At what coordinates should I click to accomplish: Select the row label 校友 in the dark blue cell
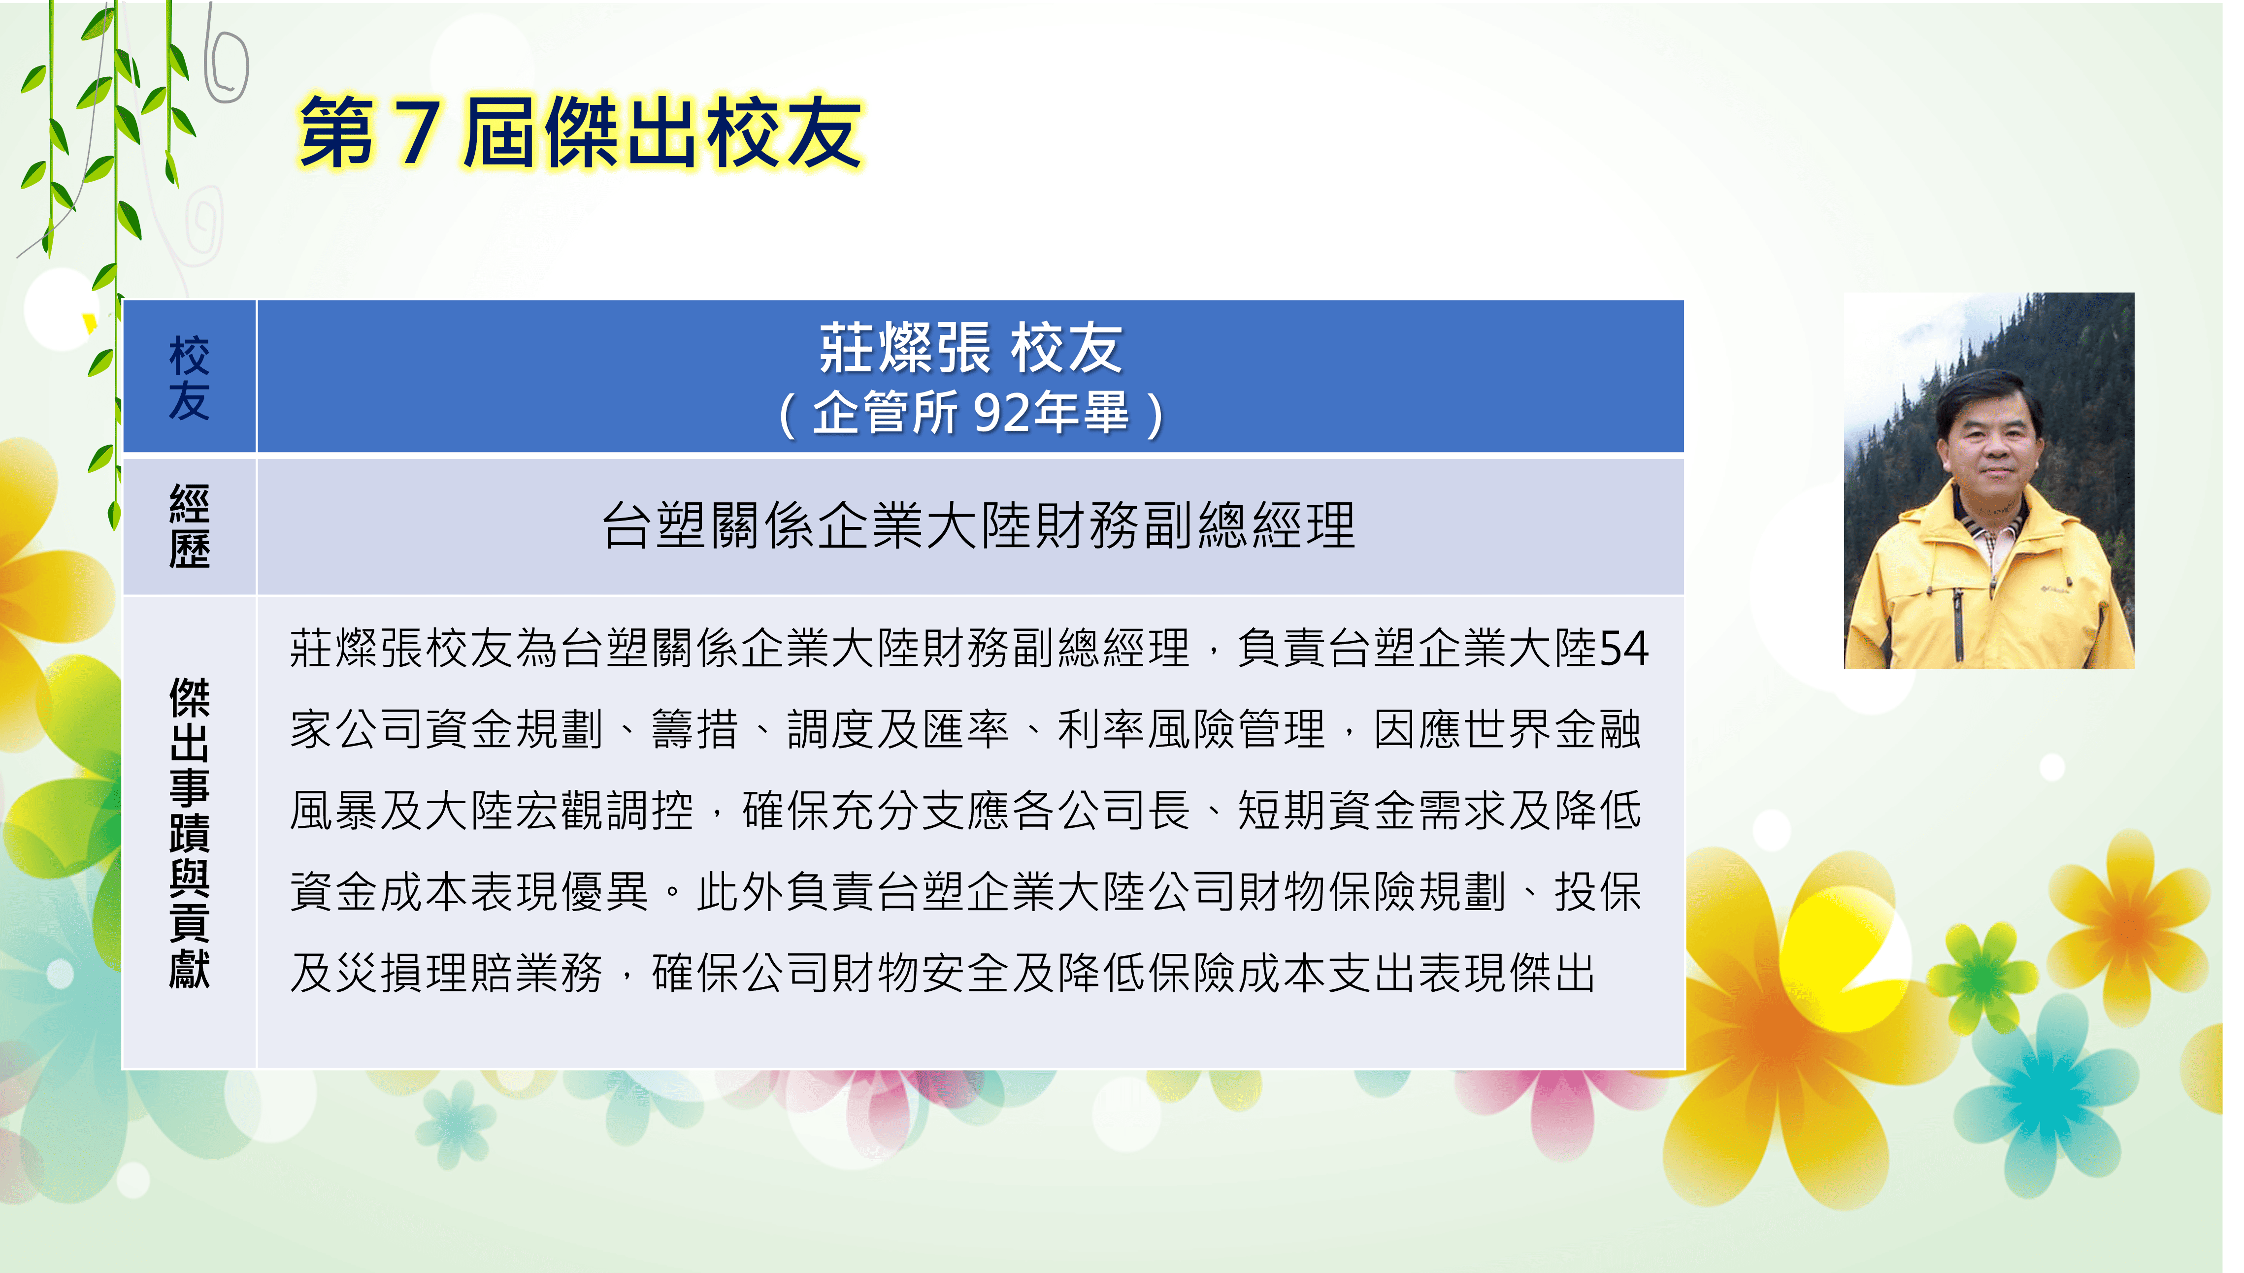189,378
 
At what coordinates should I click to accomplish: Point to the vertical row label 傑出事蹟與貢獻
189,832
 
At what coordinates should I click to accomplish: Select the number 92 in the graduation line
1001,413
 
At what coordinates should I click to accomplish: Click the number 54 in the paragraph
1622,649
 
